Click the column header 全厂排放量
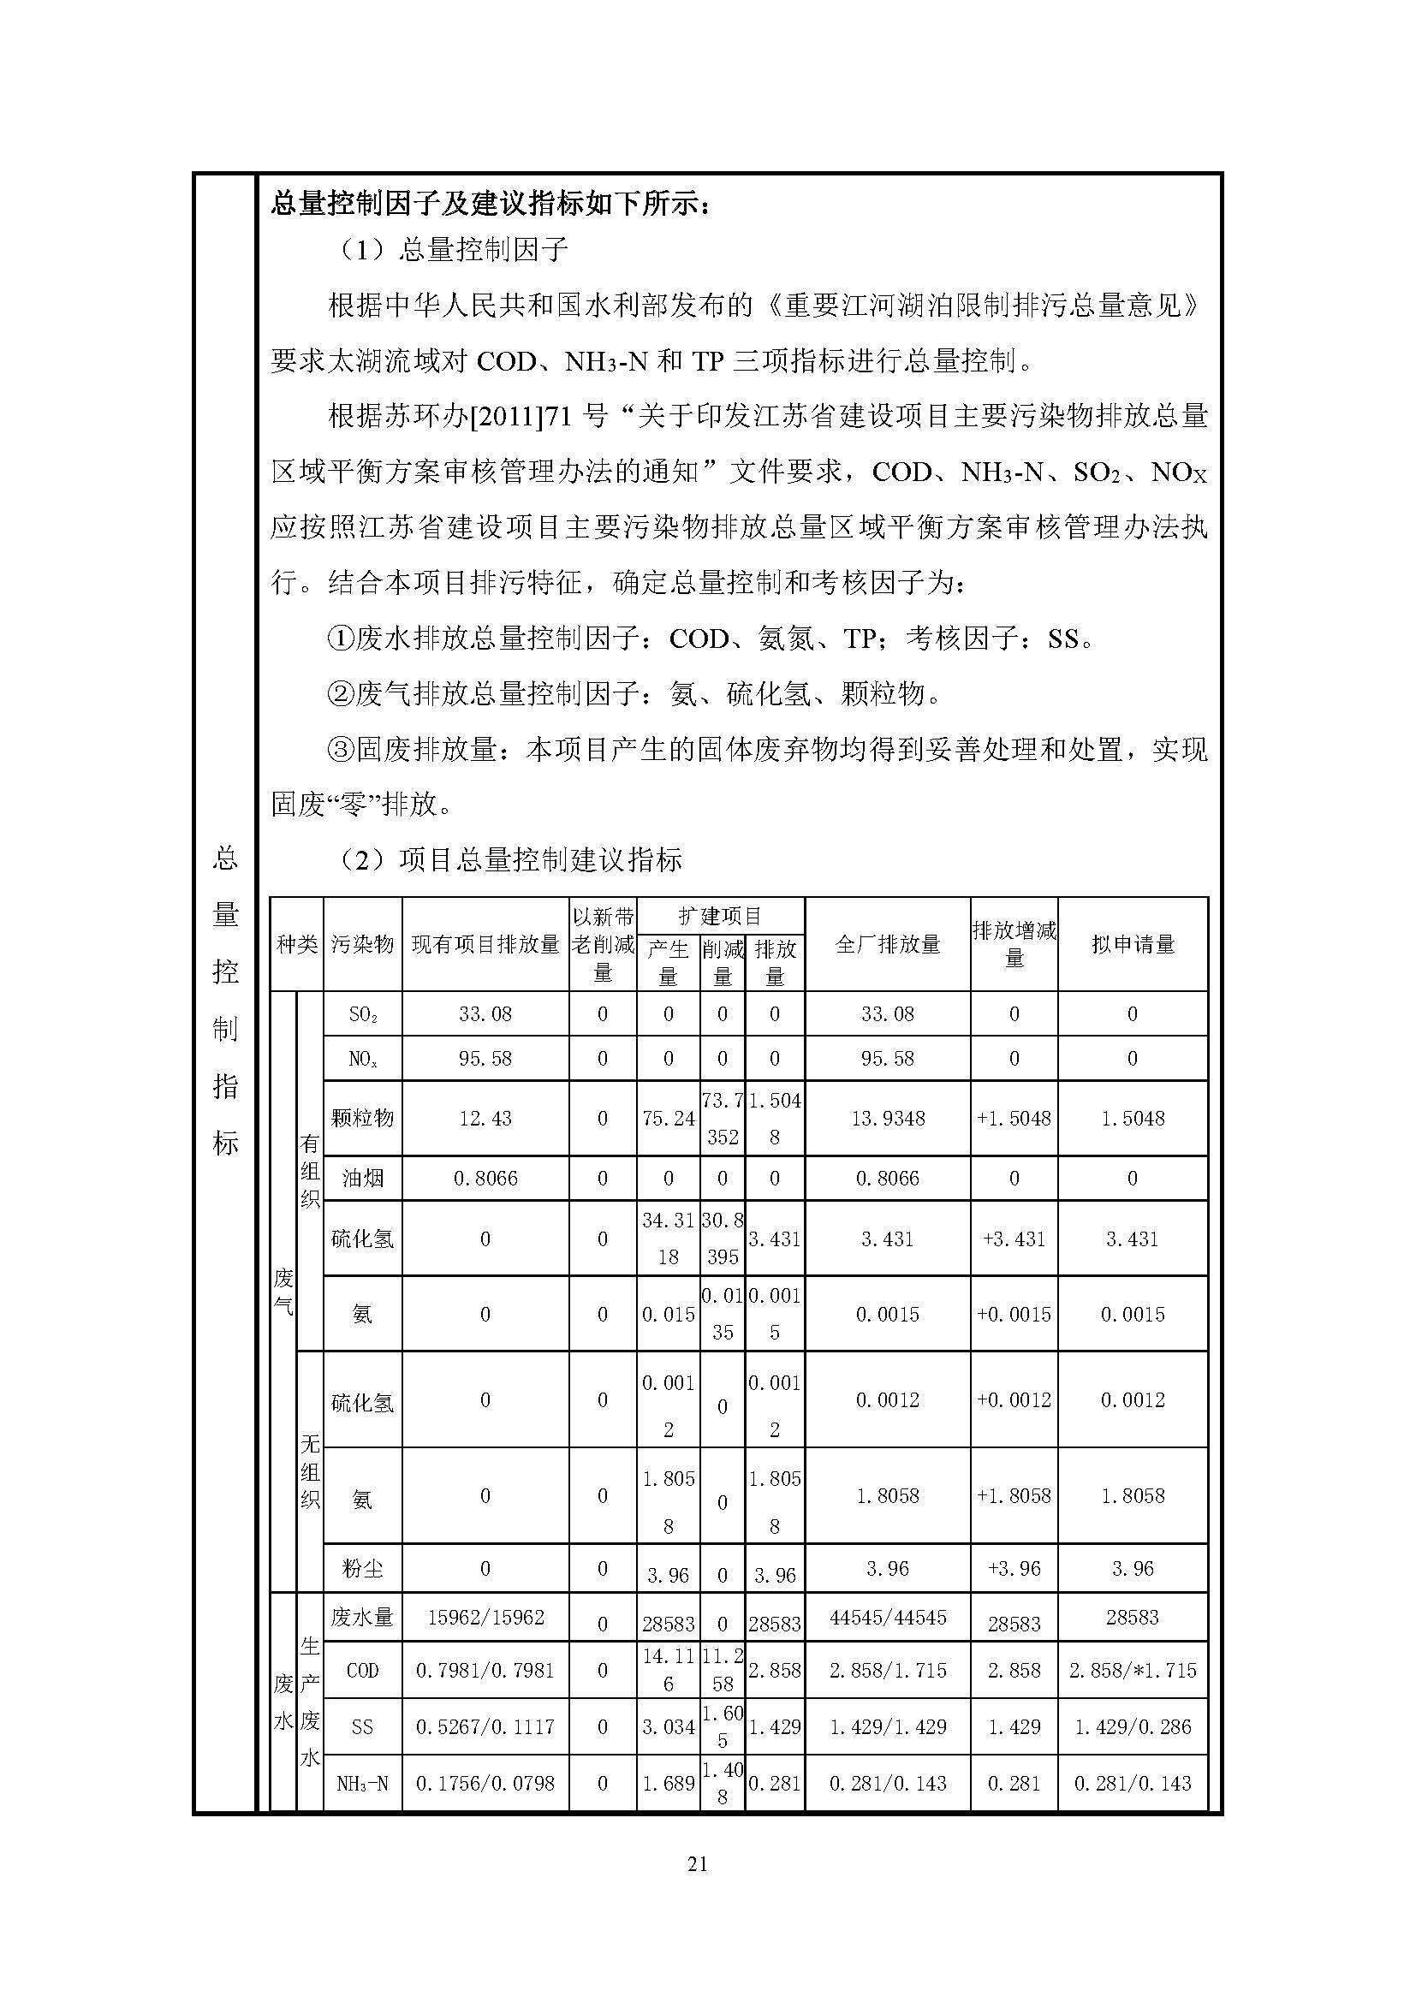tap(887, 944)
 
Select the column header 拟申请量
tap(1133, 944)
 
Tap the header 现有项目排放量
tap(485, 944)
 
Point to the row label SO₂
tap(362, 1014)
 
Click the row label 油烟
tap(362, 1179)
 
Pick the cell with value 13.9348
tap(887, 1119)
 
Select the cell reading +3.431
tap(1013, 1239)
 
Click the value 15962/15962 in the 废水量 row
tap(485, 1618)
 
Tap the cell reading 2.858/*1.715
tap(1133, 1670)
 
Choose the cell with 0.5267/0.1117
tap(485, 1726)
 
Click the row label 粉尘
tap(362, 1570)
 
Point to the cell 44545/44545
tap(887, 1618)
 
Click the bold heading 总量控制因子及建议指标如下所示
tap(490, 204)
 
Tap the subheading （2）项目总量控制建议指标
tap(509, 859)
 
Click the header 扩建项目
tap(720, 916)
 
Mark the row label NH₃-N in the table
tap(362, 1783)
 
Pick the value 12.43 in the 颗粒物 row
tap(485, 1119)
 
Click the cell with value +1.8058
tap(1013, 1495)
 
